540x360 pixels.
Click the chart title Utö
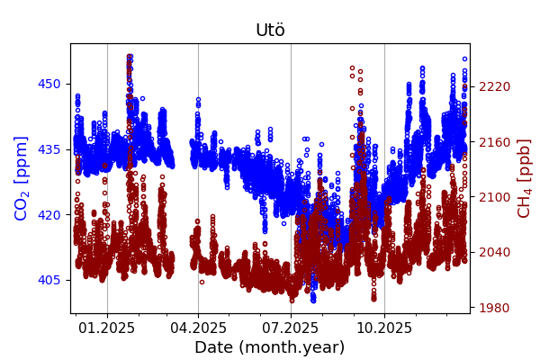(270, 30)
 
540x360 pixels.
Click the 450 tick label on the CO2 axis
(49, 84)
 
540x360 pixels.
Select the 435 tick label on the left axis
(49, 149)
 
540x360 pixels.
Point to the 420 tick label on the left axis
(49, 214)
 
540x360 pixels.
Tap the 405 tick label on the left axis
(49, 280)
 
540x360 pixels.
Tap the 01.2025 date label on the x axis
(107, 327)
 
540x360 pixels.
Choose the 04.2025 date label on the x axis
(198, 327)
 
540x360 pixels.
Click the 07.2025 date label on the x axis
(291, 327)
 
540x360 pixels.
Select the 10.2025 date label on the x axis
(384, 327)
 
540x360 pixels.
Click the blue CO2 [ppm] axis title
(22, 178)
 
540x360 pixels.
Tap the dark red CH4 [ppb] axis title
(524, 178)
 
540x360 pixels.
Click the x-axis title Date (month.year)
(270, 347)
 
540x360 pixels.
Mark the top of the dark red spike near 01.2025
(130, 57)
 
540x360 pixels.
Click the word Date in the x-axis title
(215, 347)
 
